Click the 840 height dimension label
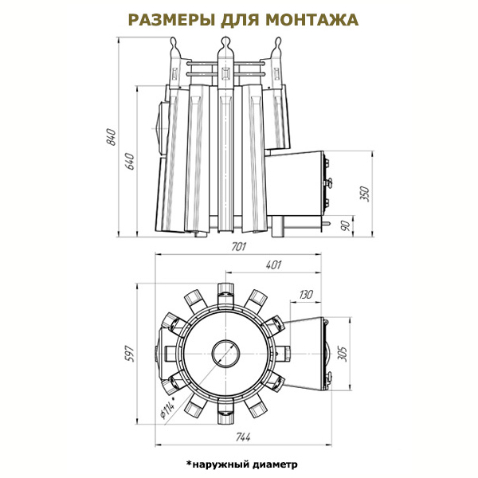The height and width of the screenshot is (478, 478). click(112, 137)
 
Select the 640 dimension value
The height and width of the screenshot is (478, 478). click(130, 161)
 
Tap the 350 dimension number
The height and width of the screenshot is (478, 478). click(365, 194)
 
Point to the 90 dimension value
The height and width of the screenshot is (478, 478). click(346, 226)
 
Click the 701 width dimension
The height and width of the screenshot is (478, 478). click(238, 247)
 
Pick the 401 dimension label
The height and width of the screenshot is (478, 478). click(273, 265)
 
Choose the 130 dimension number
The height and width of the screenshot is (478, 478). click(306, 295)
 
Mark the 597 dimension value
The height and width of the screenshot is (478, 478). click(130, 353)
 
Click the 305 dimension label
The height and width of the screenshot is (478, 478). click(343, 354)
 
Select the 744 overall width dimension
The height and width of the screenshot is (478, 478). click(243, 437)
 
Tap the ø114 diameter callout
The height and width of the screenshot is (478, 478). click(168, 408)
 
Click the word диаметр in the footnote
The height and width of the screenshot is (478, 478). click(276, 464)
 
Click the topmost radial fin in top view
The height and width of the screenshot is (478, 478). click(225, 293)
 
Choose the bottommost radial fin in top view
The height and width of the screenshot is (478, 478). click(225, 413)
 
